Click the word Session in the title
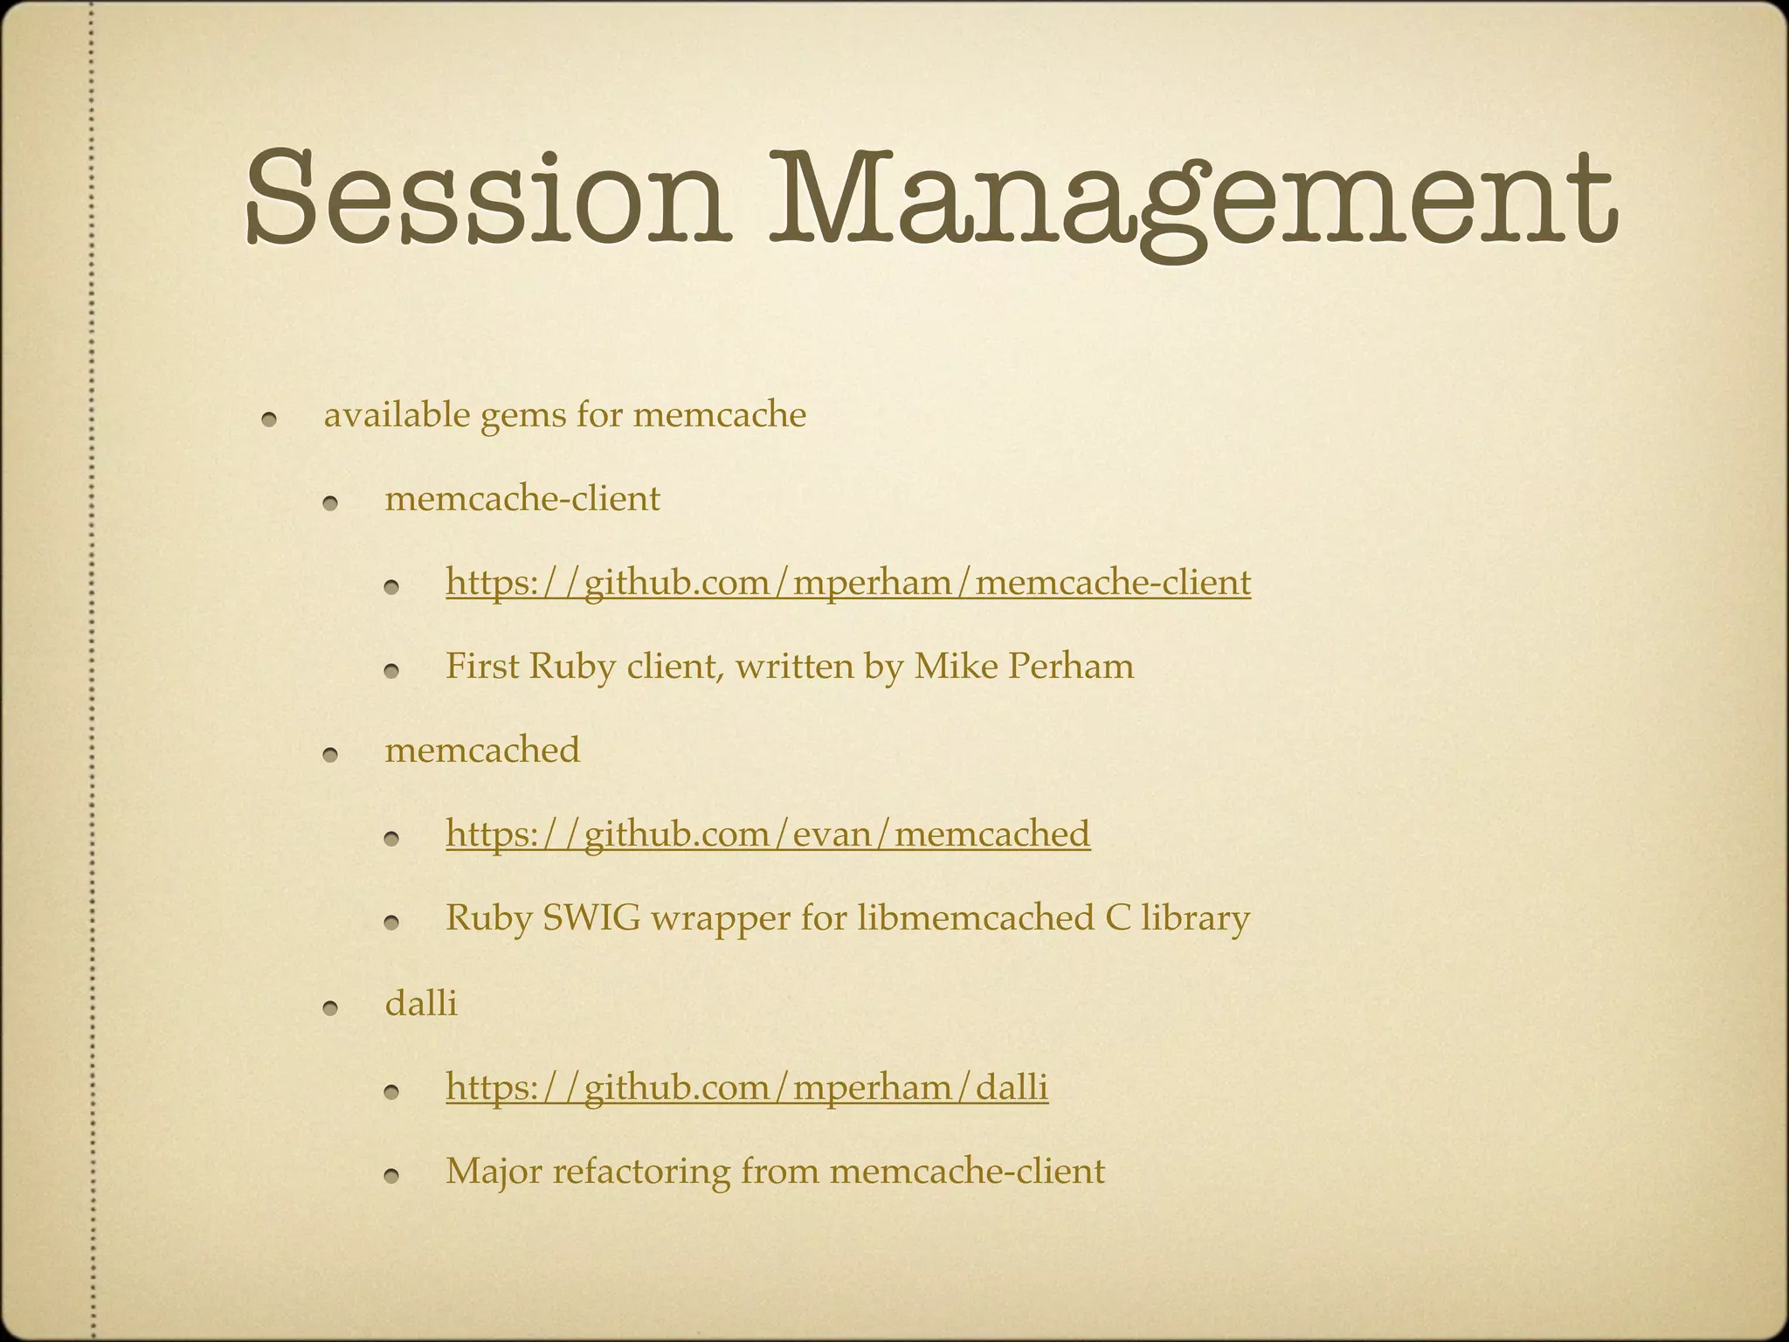[x=485, y=197]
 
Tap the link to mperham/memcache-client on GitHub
[x=847, y=582]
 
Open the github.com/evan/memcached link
[x=767, y=834]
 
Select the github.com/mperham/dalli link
[x=746, y=1087]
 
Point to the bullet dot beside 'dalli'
[x=329, y=1009]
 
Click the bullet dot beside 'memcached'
[x=329, y=756]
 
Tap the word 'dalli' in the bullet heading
[x=420, y=1003]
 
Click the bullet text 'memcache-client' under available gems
[x=522, y=499]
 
